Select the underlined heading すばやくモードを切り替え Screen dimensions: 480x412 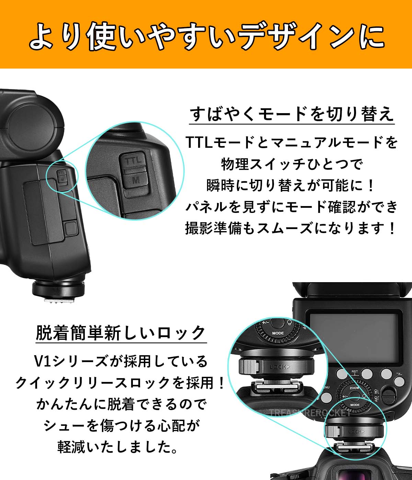coord(291,114)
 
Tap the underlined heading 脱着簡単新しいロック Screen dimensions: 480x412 coord(121,333)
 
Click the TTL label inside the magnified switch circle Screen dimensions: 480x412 coord(133,161)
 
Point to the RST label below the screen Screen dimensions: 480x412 coord(355,372)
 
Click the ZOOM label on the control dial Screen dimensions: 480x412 coord(354,388)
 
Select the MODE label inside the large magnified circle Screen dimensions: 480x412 coord(278,333)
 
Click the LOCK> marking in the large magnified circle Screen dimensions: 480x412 coord(279,367)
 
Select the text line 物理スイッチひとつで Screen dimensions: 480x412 coord(291,164)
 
